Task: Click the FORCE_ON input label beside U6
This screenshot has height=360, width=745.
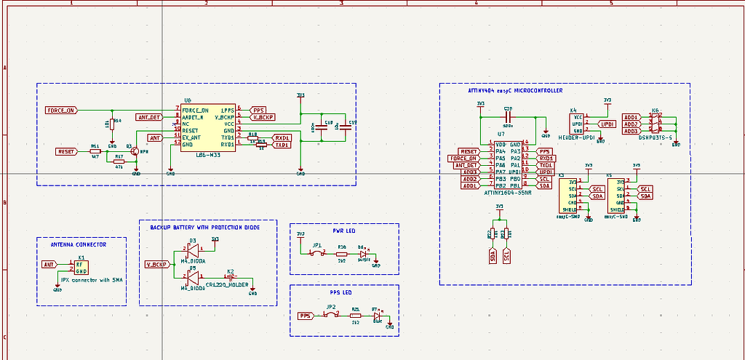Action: click(x=60, y=111)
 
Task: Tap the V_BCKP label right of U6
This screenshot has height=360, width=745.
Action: click(x=263, y=116)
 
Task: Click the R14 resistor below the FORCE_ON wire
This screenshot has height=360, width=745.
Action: click(x=111, y=124)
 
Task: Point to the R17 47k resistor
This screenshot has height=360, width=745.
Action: click(x=119, y=161)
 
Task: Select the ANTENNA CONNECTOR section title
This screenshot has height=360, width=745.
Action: click(x=73, y=245)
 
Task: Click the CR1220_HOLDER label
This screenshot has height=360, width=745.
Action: click(x=227, y=284)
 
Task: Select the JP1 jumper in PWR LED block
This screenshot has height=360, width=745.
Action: click(x=317, y=253)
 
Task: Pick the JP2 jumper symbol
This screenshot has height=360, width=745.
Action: click(x=330, y=316)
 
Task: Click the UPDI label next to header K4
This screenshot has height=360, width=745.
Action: click(x=606, y=124)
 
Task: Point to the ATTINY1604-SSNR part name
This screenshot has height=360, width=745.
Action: click(x=507, y=192)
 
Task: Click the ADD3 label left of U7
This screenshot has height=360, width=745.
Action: click(x=469, y=172)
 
